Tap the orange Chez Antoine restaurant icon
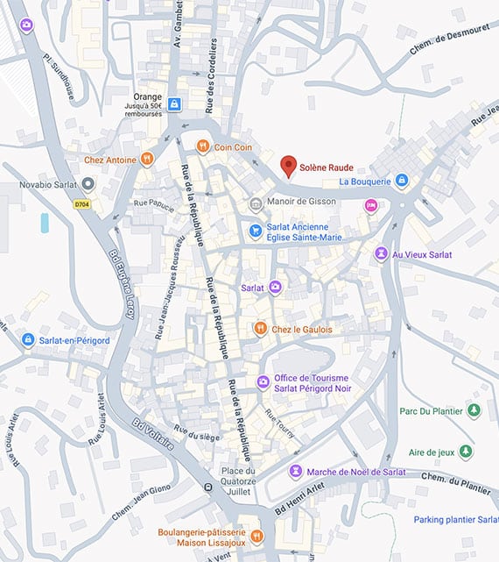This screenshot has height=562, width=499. [147, 159]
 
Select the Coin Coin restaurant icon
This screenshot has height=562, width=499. [202, 146]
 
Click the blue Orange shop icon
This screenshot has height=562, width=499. [176, 103]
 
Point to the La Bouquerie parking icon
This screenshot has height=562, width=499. [401, 181]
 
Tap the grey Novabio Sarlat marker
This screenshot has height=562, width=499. [88, 184]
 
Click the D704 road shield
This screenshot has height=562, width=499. [82, 204]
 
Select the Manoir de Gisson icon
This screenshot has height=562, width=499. [256, 204]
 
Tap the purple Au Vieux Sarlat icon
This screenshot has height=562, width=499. [381, 253]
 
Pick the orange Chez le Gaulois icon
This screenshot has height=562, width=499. [259, 328]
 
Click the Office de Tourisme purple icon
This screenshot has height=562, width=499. [263, 381]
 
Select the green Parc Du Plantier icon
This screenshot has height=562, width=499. [474, 409]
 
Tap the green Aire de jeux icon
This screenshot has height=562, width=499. [467, 452]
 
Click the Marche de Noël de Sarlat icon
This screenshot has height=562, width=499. [296, 471]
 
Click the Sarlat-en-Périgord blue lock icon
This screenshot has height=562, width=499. [28, 339]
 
